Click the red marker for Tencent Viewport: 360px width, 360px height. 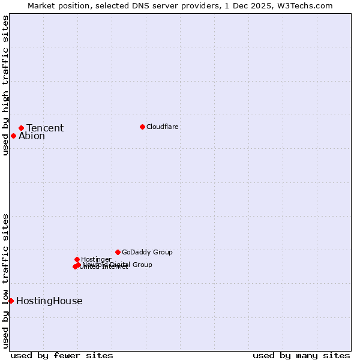point(21,128)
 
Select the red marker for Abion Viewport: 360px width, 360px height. point(13,136)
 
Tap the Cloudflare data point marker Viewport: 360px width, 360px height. point(142,127)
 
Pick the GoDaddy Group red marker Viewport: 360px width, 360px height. point(118,252)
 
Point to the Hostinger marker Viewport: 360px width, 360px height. point(77,259)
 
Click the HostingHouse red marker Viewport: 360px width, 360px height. point(11,301)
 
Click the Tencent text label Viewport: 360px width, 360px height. point(45,128)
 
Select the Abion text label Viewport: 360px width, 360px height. point(32,136)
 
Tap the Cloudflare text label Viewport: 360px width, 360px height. point(163,127)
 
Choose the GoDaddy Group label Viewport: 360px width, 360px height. point(147,252)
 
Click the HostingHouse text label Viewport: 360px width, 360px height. point(49,301)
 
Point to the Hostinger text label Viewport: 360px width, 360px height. point(96,259)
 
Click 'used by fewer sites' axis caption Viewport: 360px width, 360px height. point(62,355)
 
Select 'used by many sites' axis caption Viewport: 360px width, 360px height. point(301,355)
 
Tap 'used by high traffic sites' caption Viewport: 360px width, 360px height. point(5,85)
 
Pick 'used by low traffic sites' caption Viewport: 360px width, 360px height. point(5,280)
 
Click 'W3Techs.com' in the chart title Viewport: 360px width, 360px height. point(308,5)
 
